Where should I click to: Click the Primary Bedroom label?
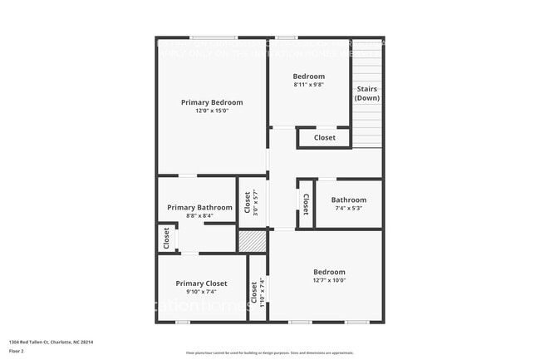click(x=212, y=102)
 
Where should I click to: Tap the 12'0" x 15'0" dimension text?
click(x=212, y=111)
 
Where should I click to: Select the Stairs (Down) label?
click(x=367, y=93)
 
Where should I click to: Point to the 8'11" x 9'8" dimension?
click(x=308, y=85)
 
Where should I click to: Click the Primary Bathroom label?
click(x=199, y=207)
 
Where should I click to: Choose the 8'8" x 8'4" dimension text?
click(x=199, y=215)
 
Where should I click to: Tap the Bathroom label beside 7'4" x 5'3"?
click(x=348, y=200)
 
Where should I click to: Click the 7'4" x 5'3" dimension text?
click(x=348, y=208)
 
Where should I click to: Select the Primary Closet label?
click(x=201, y=284)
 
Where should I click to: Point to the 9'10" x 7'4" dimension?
click(x=201, y=292)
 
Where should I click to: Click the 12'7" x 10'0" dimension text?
click(x=329, y=280)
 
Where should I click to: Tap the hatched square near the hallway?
click(x=251, y=241)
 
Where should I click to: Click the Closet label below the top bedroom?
click(x=325, y=138)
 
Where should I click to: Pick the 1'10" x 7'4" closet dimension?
click(x=262, y=292)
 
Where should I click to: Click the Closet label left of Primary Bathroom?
click(x=166, y=239)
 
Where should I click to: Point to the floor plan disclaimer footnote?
click(x=269, y=353)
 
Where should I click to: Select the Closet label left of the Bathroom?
click(x=305, y=205)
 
